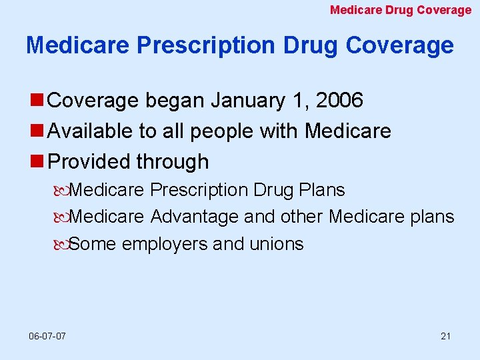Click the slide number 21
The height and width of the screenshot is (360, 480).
pos(445,336)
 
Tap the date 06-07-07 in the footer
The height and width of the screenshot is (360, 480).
pos(47,336)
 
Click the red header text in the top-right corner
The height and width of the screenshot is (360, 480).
pos(401,10)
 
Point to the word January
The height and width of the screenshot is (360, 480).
pos(248,101)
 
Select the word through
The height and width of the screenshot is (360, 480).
pos(172,161)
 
